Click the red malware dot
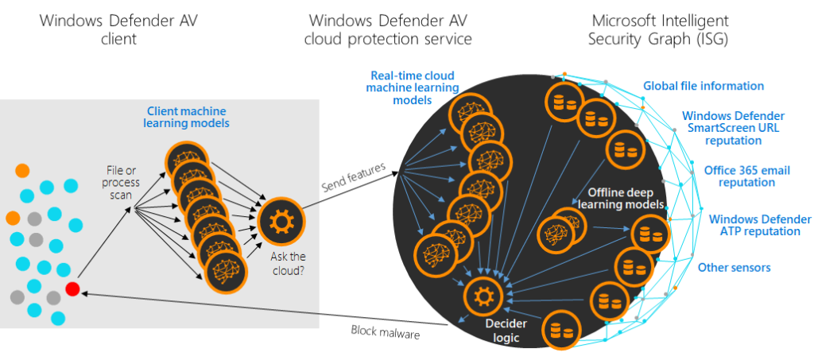(x=73, y=288)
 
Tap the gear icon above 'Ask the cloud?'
(x=278, y=219)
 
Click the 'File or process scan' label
(x=122, y=183)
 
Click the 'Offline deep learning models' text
(x=625, y=199)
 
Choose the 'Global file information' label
(x=703, y=86)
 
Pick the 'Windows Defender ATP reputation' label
(x=759, y=225)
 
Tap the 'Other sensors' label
(x=734, y=268)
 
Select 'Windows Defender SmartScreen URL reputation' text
(x=732, y=128)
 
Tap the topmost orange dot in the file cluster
(x=23, y=170)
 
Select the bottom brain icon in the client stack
(x=220, y=273)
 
